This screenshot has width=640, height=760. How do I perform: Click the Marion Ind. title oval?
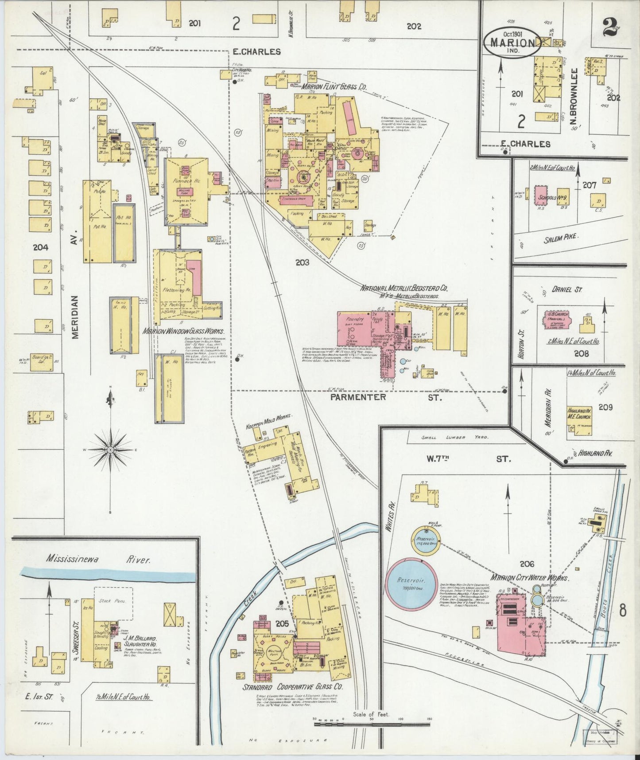click(512, 43)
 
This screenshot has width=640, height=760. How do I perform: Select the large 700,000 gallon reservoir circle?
click(410, 583)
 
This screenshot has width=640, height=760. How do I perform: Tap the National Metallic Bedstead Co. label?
click(404, 289)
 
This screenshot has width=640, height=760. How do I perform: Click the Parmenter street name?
click(359, 397)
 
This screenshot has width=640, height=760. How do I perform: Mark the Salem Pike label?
click(561, 238)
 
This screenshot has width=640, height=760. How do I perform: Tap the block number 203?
click(303, 262)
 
